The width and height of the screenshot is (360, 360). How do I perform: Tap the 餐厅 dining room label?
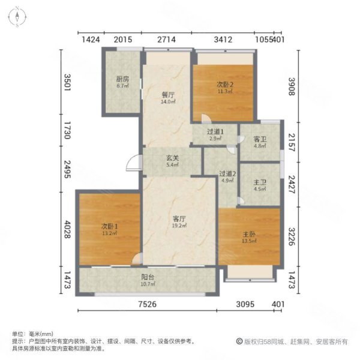click(167, 95)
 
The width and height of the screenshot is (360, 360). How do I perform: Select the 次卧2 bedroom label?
click(225, 84)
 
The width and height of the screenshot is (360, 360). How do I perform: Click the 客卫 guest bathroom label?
click(260, 137)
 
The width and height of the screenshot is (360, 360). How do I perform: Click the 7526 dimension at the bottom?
click(149, 305)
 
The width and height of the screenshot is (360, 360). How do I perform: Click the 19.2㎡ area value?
click(179, 226)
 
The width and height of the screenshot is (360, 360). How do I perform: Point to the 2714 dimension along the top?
click(167, 40)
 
